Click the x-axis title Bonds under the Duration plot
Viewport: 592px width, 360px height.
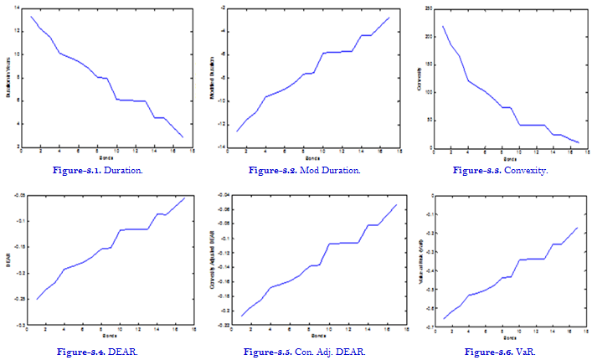pos(106,157)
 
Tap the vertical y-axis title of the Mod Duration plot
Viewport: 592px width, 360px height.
pos(214,77)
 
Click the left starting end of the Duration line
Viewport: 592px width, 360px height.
pos(31,16)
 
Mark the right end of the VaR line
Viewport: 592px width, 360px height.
pos(578,228)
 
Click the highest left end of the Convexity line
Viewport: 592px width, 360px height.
pos(443,26)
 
